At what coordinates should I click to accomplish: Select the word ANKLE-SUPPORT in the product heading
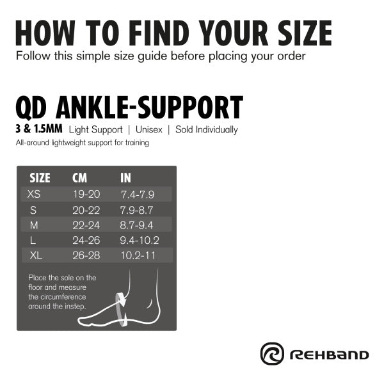click(149, 108)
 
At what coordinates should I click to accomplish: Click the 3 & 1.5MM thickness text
click(39, 129)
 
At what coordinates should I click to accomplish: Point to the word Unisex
click(149, 129)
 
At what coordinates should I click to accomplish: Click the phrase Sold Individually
click(207, 130)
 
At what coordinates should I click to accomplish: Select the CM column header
click(79, 178)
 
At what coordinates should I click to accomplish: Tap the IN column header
click(125, 178)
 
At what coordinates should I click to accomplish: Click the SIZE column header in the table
click(40, 178)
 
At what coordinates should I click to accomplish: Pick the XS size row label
click(34, 194)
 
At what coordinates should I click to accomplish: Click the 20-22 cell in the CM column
click(86, 210)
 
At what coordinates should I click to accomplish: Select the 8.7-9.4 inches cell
click(136, 225)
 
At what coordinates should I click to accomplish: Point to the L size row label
click(33, 241)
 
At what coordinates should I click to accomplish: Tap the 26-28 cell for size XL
click(86, 255)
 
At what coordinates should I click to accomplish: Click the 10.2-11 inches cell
click(138, 255)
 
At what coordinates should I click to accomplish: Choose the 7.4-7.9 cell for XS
click(138, 195)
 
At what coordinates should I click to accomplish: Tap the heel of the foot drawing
click(156, 316)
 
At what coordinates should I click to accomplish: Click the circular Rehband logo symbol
click(272, 354)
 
